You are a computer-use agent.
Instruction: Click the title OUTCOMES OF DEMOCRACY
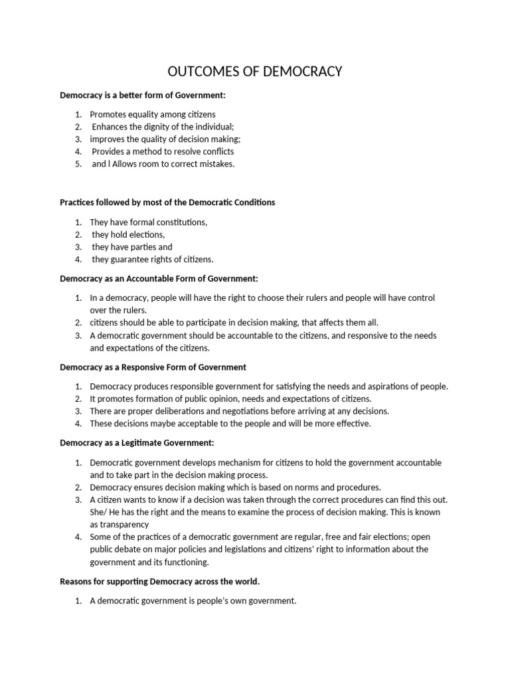255,71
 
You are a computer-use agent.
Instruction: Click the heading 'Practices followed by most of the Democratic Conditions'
167,202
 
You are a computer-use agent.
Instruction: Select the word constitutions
179,222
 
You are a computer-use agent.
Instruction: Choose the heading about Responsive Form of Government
153,367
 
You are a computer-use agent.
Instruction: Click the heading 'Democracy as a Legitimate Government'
137,442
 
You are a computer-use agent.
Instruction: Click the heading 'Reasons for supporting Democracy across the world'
159,581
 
